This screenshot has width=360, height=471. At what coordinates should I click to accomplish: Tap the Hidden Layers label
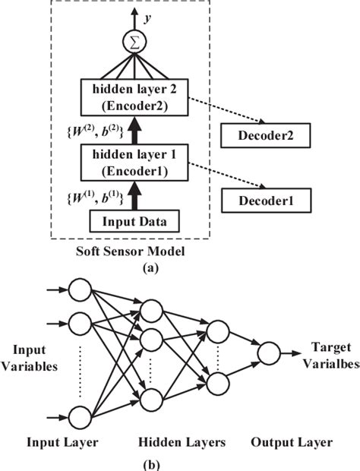[182, 441]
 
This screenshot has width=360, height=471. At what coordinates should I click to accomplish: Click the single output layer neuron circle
[268, 354]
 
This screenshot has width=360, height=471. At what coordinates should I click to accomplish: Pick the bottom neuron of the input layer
[81, 416]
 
